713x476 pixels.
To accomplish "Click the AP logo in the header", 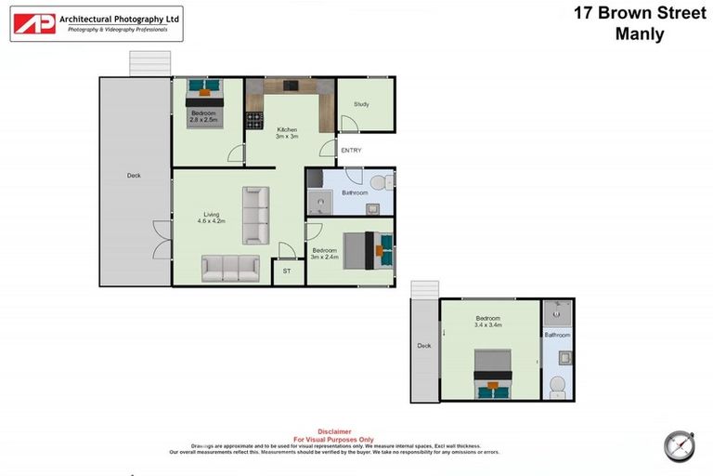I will pos(34,23).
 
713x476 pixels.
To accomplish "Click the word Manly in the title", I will pos(641,34).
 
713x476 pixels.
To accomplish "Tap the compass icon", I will pos(679,445).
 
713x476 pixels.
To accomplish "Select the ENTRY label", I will pos(351,151).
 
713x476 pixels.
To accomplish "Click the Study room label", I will pos(361,104).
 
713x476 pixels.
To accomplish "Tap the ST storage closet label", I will pos(288,272).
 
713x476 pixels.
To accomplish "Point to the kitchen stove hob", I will pos(254,120).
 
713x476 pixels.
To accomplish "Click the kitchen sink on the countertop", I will pos(290,86).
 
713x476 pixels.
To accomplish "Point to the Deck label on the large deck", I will pos(135,175).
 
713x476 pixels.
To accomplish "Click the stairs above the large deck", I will pos(149,63).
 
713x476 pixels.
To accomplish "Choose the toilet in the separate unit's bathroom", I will pos(557,385).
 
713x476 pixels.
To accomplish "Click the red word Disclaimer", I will pos(334,431).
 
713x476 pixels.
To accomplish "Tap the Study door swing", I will pos(348,125).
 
